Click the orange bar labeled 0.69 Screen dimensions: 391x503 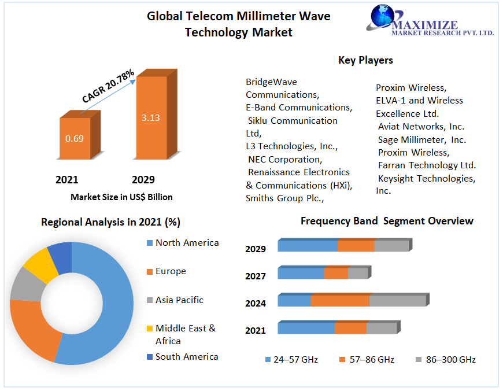coord(75,139)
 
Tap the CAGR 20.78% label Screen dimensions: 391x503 coord(108,86)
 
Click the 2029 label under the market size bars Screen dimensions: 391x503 coord(143,179)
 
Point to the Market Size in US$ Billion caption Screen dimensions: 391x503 coord(121,197)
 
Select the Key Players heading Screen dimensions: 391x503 coord(365,60)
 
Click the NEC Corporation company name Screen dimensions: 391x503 coord(284,159)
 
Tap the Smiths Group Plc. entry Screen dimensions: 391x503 coord(284,198)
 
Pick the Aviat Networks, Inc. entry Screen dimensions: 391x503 coord(421,126)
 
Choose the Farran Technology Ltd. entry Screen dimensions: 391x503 coord(427,165)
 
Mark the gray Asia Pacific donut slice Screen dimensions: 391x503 coord(24,285)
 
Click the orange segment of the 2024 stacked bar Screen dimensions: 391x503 coord(340,301)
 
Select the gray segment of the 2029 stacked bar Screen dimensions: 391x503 coord(391,246)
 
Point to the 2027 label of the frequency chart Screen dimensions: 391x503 coord(256,276)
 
